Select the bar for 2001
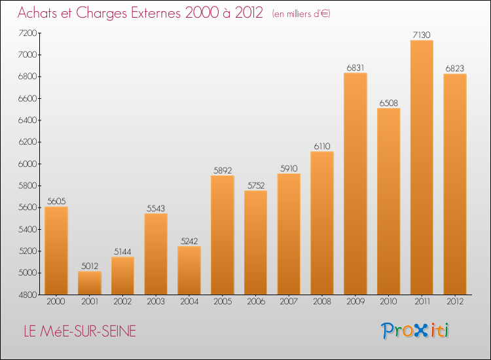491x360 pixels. (x=90, y=283)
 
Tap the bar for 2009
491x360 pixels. (x=355, y=184)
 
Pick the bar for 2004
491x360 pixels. (x=189, y=270)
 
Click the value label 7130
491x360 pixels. (x=422, y=35)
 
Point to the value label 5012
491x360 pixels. (x=90, y=266)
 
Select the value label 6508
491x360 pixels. (x=389, y=103)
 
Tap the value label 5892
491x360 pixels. (x=223, y=170)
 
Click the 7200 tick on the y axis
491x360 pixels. (x=29, y=33)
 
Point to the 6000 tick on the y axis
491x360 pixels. (x=29, y=164)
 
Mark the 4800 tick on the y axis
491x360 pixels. (x=29, y=295)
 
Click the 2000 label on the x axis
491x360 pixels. (x=56, y=302)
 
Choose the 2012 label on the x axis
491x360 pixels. (x=455, y=302)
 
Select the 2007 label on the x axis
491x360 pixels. (x=289, y=302)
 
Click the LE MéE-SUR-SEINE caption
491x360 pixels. (x=79, y=331)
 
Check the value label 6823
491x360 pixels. (x=455, y=68)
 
